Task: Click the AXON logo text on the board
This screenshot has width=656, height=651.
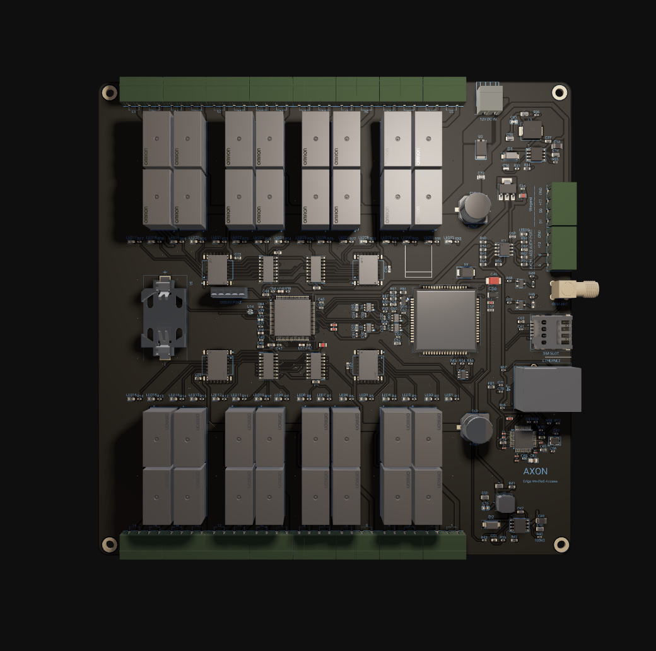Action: tap(535, 471)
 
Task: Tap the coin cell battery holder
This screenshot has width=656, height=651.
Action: tap(164, 315)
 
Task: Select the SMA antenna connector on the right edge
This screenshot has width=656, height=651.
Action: tap(574, 290)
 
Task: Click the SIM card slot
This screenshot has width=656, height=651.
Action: tap(550, 332)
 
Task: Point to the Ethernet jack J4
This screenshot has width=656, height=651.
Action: tap(547, 389)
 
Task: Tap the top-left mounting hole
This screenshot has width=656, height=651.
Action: tap(110, 93)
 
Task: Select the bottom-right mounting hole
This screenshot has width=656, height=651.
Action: tap(561, 544)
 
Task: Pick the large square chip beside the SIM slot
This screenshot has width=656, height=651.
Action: tap(445, 320)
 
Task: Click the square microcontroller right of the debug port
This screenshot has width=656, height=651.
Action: tap(291, 316)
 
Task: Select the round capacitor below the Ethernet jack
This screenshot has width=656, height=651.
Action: tap(476, 428)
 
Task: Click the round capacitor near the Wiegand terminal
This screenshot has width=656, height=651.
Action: tap(474, 207)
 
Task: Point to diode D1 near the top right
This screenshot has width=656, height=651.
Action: tap(511, 155)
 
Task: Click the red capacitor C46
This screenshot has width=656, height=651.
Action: tap(494, 280)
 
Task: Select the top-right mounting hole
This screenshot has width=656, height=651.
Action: tap(559, 93)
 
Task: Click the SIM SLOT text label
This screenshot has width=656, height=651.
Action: tap(551, 354)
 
